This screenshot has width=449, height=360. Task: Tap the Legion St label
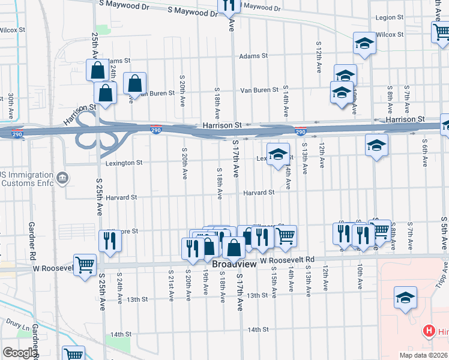pos(390,18)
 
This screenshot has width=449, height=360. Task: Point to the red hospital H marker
pos(429,331)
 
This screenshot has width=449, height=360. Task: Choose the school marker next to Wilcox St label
pos(364,43)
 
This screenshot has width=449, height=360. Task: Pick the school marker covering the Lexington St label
pos(278,154)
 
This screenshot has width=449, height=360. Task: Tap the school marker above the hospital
pos(405,298)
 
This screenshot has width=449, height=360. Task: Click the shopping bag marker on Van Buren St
pos(134,83)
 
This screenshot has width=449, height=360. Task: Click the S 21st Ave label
pos(171,286)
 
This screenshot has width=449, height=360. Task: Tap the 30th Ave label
pos(11,107)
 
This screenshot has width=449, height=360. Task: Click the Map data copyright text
pos(422,355)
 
